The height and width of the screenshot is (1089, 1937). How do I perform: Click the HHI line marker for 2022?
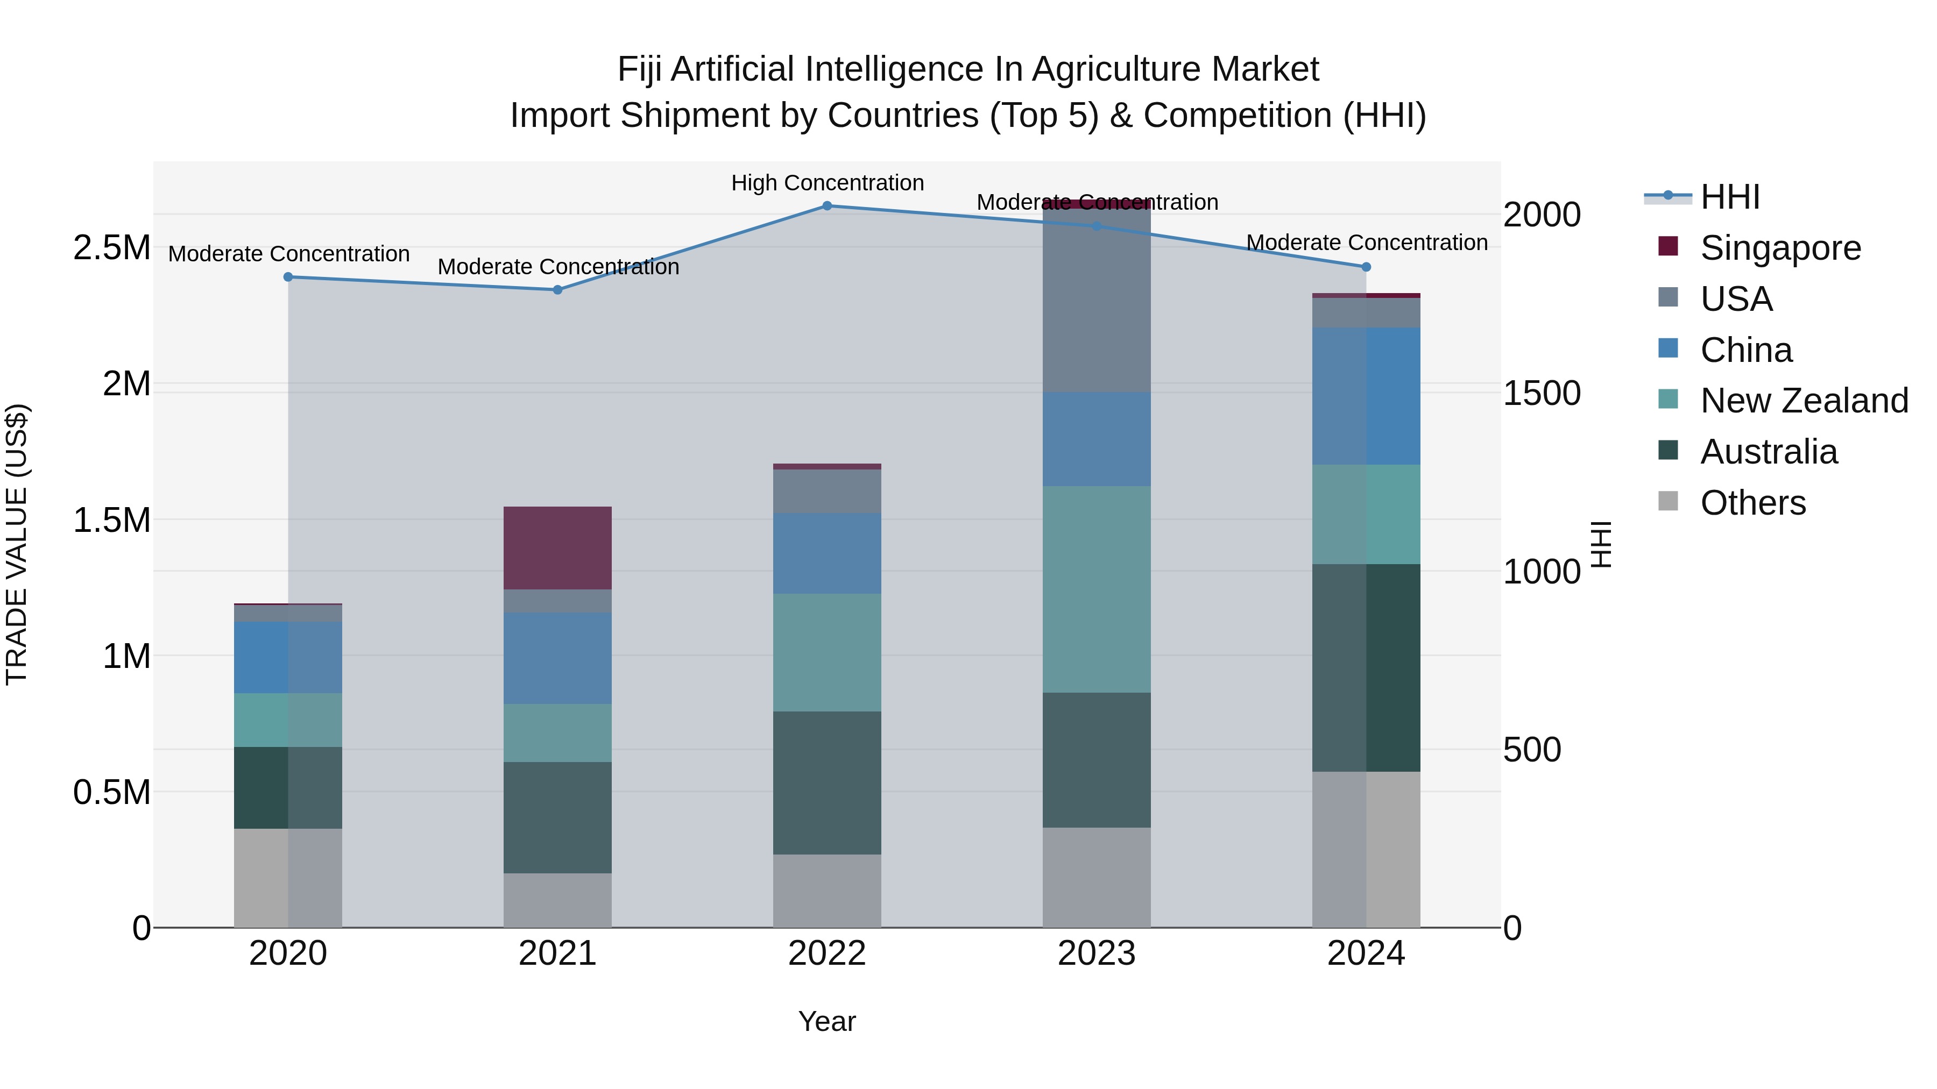826,206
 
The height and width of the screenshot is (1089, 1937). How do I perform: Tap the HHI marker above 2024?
1366,267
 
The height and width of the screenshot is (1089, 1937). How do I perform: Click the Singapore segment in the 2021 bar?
557,548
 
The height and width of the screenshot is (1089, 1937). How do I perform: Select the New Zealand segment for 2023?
1097,589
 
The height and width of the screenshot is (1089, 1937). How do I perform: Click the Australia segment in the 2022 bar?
826,782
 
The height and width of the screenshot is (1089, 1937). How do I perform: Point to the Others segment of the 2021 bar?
557,900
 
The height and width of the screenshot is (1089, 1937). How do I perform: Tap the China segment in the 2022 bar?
826,553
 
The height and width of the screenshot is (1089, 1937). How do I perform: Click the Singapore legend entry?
1780,248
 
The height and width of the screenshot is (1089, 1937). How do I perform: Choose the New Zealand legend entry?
1804,401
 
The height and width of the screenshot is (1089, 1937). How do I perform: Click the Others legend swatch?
1668,501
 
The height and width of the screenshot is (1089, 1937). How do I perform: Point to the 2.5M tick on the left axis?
112,248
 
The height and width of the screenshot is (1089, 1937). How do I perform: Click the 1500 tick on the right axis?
1542,393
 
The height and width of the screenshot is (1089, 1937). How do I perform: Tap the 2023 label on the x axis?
1097,953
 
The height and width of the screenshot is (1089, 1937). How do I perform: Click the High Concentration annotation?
827,183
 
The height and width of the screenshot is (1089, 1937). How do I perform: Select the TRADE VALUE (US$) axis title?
17,544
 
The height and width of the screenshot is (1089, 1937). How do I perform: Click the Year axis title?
826,1021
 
